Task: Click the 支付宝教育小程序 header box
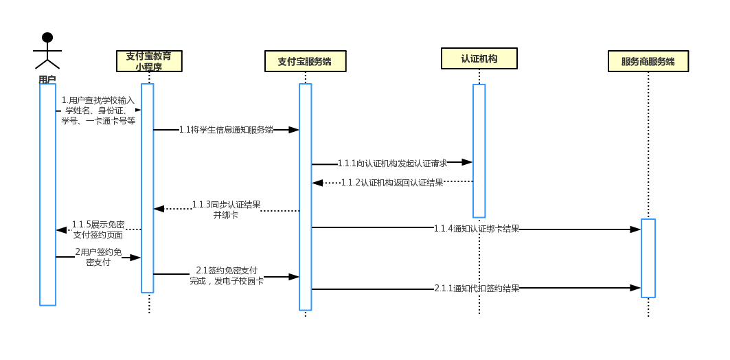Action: (x=149, y=61)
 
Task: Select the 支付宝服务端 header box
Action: (x=305, y=61)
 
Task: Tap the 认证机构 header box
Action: (x=479, y=58)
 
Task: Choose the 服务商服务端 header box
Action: (x=648, y=61)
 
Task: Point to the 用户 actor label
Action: (x=47, y=80)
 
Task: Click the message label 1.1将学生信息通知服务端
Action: (x=226, y=129)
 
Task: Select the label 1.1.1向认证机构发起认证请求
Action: (x=392, y=164)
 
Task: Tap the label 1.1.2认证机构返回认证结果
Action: (x=392, y=183)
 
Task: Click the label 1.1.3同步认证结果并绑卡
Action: (x=226, y=210)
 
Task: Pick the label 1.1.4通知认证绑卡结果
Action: (x=476, y=229)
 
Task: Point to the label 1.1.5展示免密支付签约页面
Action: (x=98, y=229)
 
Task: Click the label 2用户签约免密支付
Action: (x=98, y=257)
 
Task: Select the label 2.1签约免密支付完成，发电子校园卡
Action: (x=227, y=275)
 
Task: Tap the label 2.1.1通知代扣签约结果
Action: (x=476, y=289)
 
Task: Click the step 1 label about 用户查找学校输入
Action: (x=98, y=111)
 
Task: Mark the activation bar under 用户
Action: (x=47, y=194)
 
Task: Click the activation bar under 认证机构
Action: (x=479, y=150)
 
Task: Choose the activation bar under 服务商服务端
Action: (x=648, y=258)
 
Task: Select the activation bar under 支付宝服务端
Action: (x=305, y=196)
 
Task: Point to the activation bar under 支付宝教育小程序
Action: (x=147, y=188)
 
